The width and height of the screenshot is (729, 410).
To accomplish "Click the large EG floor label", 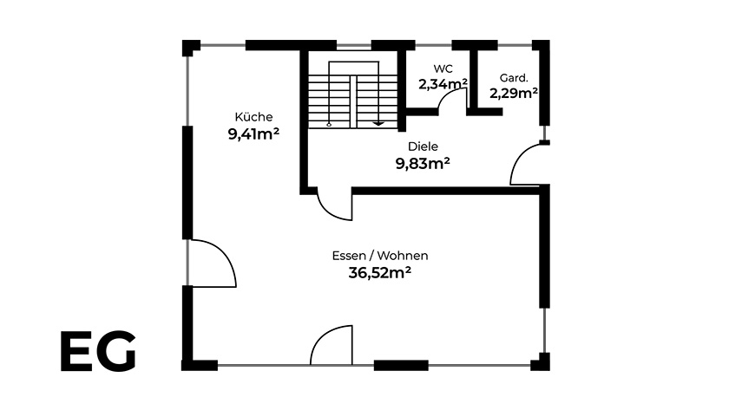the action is tap(98, 351).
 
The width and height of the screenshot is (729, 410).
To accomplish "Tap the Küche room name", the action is tap(253, 116).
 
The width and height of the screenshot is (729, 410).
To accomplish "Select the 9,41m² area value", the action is tap(253, 134).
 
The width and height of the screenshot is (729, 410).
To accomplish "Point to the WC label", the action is tap(443, 68).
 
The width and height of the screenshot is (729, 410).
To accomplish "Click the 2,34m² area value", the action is tap(443, 84).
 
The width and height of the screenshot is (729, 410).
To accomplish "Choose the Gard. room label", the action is tap(514, 78).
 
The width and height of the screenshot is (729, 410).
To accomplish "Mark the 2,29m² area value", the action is tap(514, 94).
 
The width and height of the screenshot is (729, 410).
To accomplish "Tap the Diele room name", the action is tap(423, 146).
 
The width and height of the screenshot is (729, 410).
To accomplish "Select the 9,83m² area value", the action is tap(423, 164).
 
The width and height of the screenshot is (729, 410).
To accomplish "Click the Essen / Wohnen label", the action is tap(380, 256).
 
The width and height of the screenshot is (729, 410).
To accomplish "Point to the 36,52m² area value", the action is tap(380, 272).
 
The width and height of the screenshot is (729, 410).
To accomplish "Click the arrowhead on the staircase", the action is tap(378, 123).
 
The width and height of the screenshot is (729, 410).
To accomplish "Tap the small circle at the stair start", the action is tap(329, 124).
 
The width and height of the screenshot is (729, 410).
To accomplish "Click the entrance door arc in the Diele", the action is tap(518, 159).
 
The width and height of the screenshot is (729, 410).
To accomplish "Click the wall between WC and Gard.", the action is tap(474, 79).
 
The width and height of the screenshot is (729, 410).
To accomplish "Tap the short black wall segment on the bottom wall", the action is tap(401, 366).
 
